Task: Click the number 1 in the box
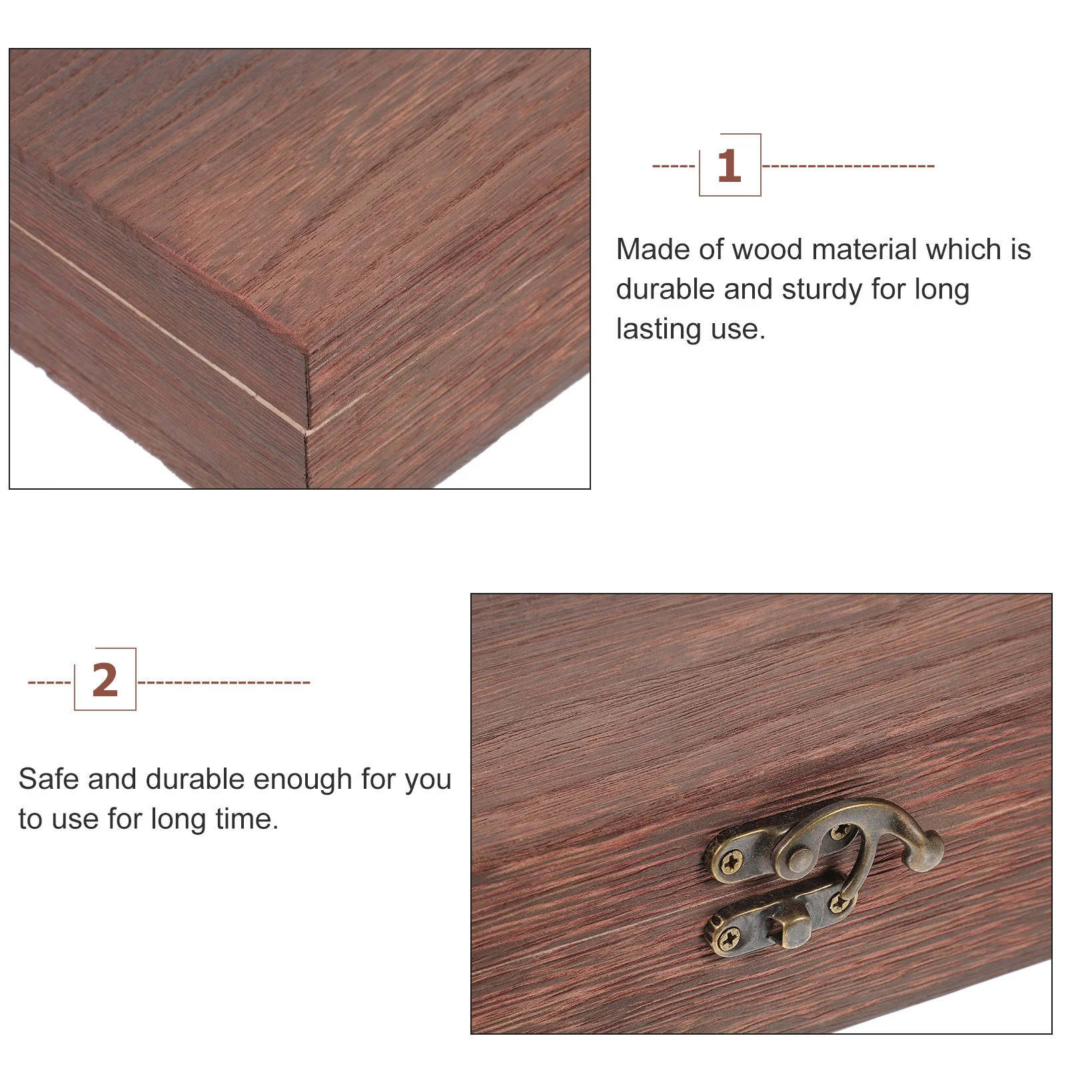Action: coord(729,166)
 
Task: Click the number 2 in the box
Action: coord(105,680)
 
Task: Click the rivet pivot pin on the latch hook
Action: coord(799,859)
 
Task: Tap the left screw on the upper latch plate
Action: coord(733,863)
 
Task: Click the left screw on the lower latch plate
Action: coord(730,938)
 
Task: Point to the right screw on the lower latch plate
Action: coord(838,904)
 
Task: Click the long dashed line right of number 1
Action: coord(847,166)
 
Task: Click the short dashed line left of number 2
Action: coord(49,682)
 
